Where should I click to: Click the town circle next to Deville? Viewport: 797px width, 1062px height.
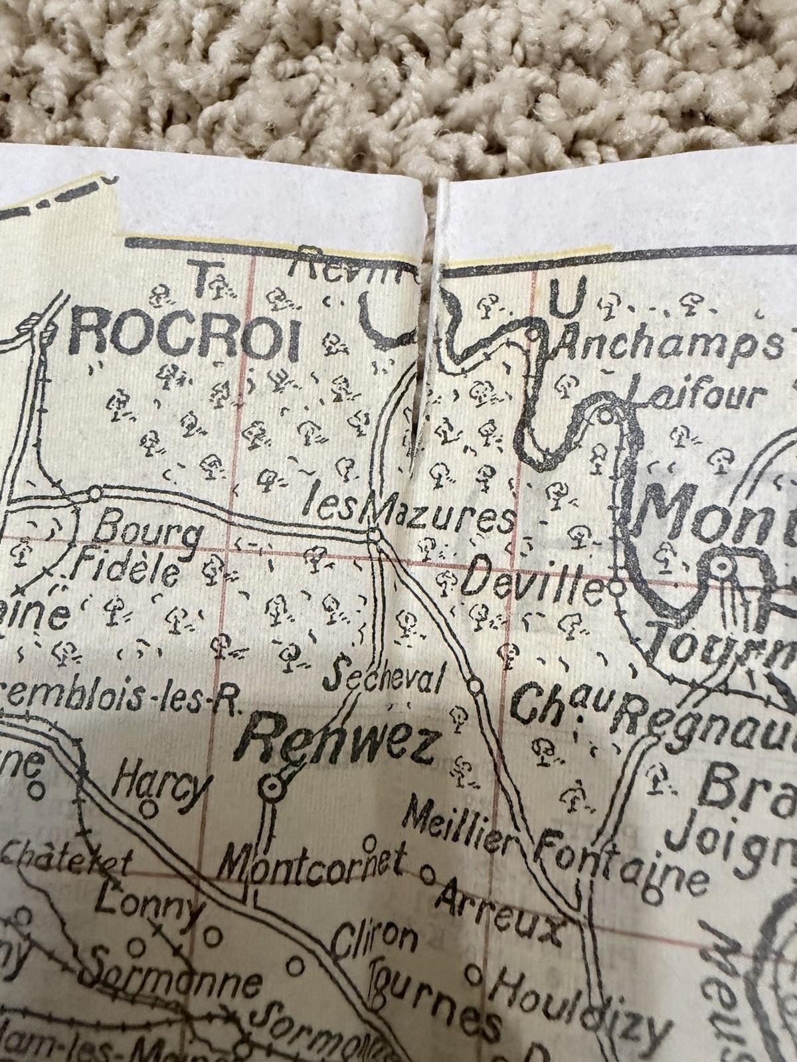616,587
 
